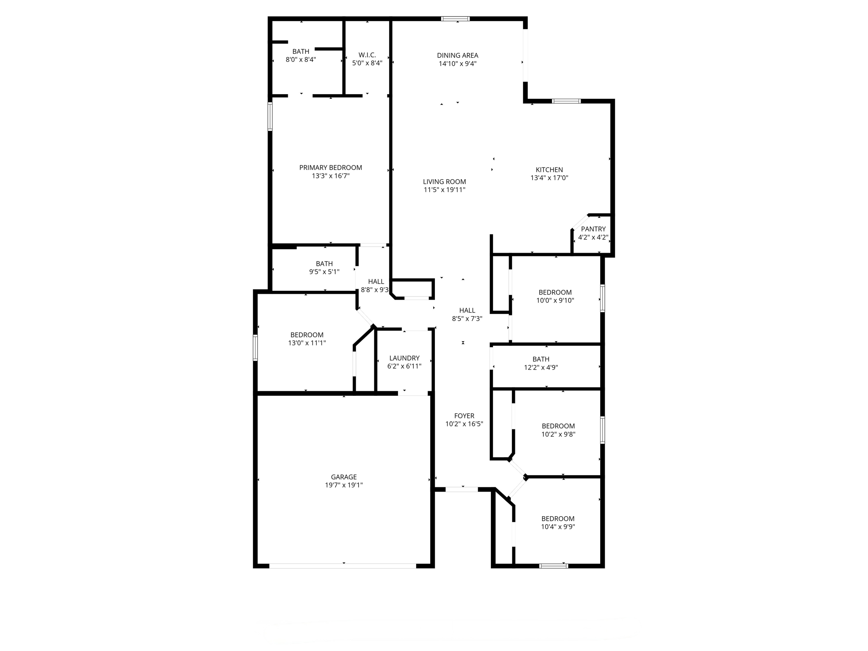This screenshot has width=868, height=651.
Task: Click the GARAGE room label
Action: click(x=344, y=477)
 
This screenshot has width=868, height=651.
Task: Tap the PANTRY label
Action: click(x=593, y=229)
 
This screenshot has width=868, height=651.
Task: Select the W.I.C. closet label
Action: click(x=367, y=55)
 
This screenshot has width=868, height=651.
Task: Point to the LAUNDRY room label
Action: click(x=404, y=358)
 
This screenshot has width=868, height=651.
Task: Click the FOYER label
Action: click(x=464, y=416)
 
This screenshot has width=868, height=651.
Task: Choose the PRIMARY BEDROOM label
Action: click(x=331, y=167)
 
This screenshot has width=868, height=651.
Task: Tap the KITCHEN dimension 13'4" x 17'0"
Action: click(x=549, y=178)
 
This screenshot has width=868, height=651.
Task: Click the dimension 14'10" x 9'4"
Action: click(x=458, y=64)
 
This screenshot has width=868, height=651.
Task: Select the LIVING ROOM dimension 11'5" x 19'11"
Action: click(x=445, y=190)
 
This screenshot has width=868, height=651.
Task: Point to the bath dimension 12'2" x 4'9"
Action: click(x=541, y=367)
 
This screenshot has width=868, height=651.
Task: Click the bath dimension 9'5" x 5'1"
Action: click(x=324, y=272)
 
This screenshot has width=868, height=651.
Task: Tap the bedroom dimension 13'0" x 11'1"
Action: click(x=307, y=343)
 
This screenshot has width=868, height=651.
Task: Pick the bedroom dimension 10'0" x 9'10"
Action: click(x=555, y=300)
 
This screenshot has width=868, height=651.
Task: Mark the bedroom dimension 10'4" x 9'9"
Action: click(x=558, y=527)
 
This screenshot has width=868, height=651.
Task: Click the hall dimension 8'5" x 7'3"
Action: click(x=467, y=319)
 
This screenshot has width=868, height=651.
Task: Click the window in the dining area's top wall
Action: click(x=455, y=19)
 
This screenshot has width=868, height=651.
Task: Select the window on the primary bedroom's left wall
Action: click(x=270, y=116)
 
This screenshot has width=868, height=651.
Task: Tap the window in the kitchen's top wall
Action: click(x=566, y=101)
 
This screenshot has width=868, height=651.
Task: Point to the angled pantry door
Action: click(x=580, y=222)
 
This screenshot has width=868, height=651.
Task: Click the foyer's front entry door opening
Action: click(x=462, y=490)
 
